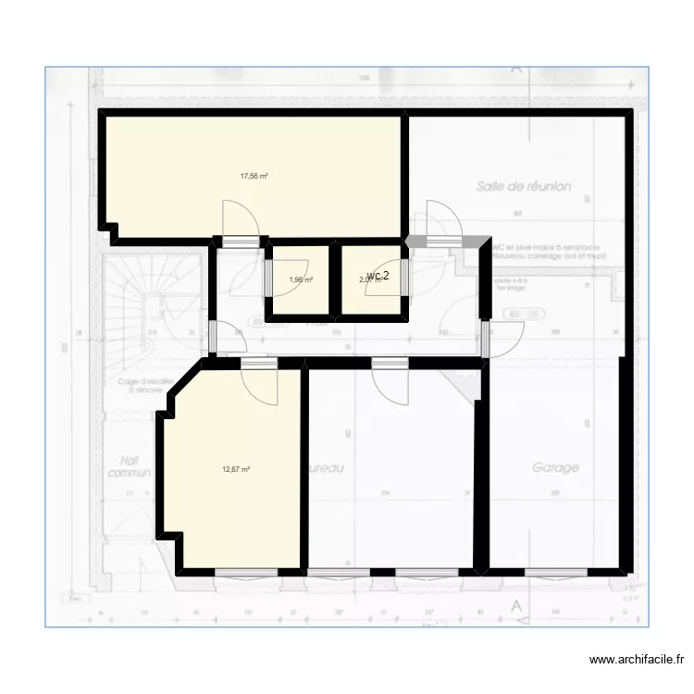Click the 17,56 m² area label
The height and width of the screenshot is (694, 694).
coord(254,176)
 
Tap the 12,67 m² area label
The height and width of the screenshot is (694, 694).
coord(236,468)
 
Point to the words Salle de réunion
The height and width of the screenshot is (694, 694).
coord(524,186)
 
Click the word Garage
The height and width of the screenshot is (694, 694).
coord(555,467)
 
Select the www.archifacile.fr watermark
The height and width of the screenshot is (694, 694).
coord(637,660)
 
